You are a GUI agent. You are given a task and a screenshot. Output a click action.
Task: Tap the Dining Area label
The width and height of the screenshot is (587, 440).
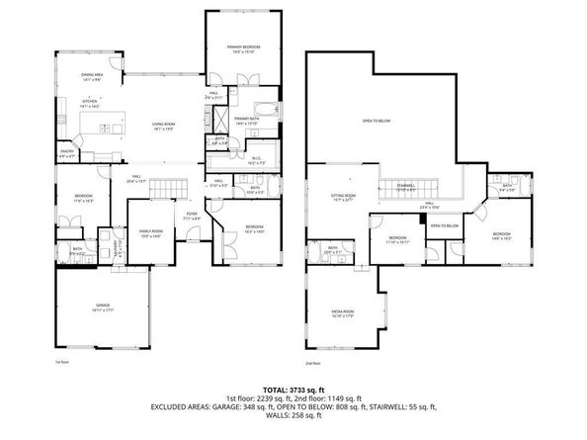92,75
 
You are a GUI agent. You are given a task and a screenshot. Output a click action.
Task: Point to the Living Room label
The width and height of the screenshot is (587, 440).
163,125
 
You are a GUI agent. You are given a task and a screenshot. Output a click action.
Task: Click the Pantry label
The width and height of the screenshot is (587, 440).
67,153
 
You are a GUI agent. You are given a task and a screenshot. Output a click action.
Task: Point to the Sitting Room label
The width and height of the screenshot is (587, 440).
343,198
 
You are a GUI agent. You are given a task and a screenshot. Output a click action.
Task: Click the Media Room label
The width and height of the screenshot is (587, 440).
342,313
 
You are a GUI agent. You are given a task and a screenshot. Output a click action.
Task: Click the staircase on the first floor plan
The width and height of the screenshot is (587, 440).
172,188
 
